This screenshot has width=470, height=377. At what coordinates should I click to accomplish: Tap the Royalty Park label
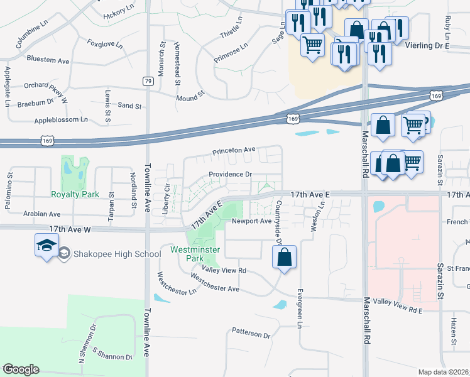(75, 195)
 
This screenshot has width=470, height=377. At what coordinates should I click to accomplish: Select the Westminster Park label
(195, 254)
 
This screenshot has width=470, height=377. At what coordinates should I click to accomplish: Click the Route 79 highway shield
(148, 81)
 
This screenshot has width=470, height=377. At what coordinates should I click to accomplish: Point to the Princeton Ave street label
(234, 151)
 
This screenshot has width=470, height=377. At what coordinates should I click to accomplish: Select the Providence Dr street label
(230, 174)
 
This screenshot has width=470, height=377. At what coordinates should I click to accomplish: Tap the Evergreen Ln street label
(300, 308)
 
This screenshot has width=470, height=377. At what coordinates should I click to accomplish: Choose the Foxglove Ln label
(104, 44)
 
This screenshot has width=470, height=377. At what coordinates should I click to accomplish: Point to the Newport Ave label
(251, 221)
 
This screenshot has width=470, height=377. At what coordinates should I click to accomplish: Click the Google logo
(21, 369)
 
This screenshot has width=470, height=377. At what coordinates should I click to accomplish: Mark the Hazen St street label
(453, 327)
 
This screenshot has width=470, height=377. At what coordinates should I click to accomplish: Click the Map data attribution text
(444, 372)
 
